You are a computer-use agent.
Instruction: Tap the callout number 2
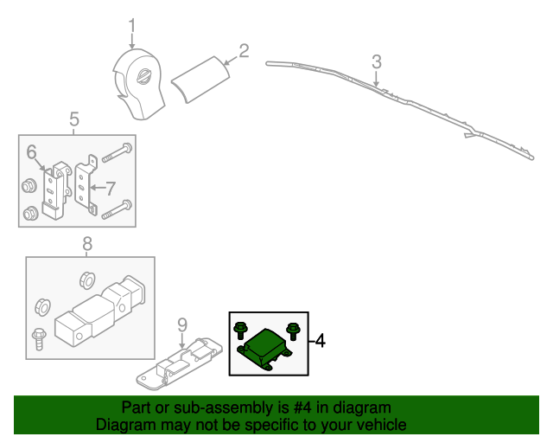pyautogui.click(x=244, y=51)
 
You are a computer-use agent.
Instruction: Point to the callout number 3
pyautogui.click(x=376, y=61)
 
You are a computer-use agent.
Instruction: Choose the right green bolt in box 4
pyautogui.click(x=291, y=329)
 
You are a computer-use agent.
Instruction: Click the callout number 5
pyautogui.click(x=73, y=119)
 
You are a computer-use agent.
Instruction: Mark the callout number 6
pyautogui.click(x=31, y=152)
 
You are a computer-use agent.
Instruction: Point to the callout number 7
pyautogui.click(x=110, y=187)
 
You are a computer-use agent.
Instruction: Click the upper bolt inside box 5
pyautogui.click(x=118, y=153)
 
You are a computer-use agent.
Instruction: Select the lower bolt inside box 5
pyautogui.click(x=118, y=208)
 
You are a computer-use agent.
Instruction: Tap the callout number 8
pyautogui.click(x=86, y=244)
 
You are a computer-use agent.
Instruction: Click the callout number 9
pyautogui.click(x=181, y=324)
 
